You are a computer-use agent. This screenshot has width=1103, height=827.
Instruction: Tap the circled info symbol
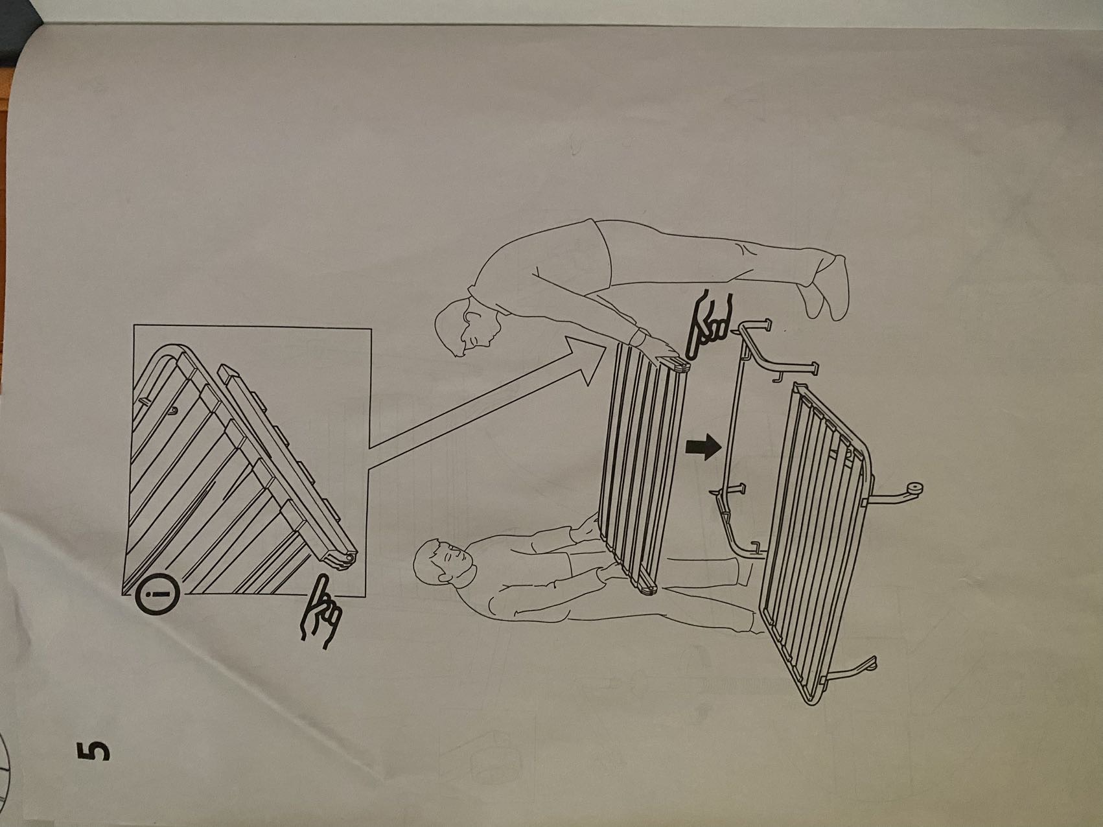coord(155,593)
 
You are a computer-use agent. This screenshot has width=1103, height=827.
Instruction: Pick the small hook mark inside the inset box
coord(174,410)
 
